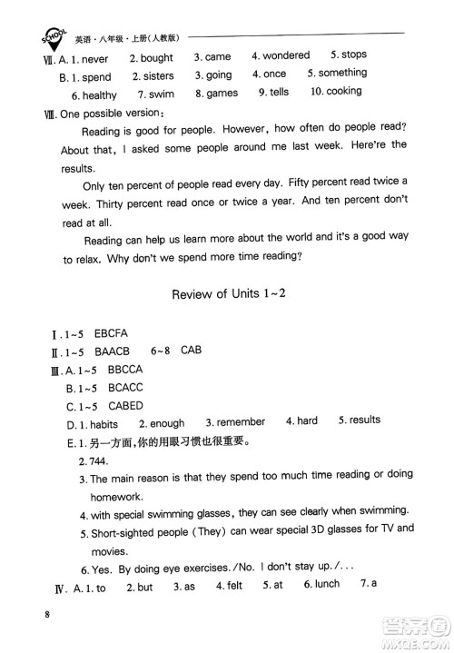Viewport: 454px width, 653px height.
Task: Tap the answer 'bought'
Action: click(x=157, y=58)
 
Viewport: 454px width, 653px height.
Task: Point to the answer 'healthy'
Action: click(x=100, y=94)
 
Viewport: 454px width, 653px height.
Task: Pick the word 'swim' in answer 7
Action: click(x=162, y=94)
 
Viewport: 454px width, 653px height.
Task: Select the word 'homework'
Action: click(x=114, y=497)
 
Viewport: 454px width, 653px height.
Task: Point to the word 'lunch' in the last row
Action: click(x=327, y=585)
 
